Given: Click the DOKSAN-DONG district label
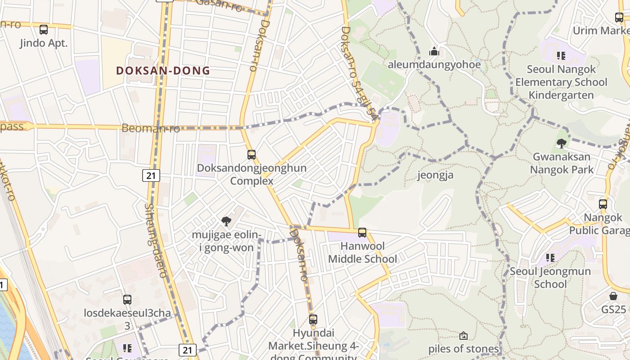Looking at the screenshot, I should click(163, 71).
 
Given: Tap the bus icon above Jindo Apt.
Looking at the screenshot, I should click(44, 30).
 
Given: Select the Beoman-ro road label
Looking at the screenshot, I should click(151, 128).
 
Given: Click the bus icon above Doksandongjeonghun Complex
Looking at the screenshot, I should click(252, 155).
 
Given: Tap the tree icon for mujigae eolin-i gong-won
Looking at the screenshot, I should click(226, 221).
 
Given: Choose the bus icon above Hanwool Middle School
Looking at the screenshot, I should click(362, 233).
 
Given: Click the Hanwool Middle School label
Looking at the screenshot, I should click(362, 252).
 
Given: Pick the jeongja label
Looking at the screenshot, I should click(435, 175).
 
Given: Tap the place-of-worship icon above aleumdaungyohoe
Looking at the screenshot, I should click(434, 51).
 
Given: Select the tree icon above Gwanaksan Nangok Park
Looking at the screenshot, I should click(561, 144).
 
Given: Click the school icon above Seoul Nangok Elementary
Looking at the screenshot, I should click(561, 56).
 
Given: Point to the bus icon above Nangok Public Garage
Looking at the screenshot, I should click(603, 204).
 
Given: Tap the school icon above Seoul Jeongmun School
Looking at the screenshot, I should click(550, 258).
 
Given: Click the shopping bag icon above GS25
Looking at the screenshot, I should click(613, 296).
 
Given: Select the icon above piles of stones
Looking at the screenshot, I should click(463, 336).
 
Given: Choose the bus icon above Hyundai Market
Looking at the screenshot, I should click(313, 319).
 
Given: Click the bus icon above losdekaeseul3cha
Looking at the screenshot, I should click(127, 299).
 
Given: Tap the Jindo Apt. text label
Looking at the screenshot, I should click(44, 43).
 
